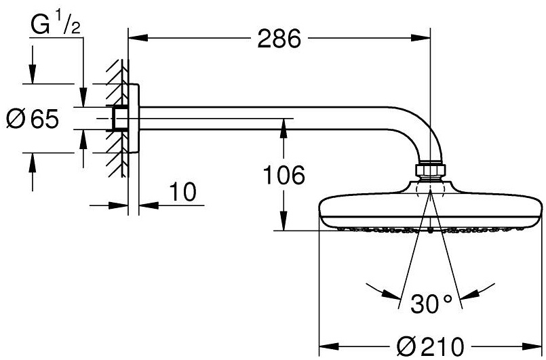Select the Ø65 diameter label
tap(32, 119)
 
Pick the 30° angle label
tap(430, 304)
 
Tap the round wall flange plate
tap(134, 119)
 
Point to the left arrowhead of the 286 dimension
tap(136, 39)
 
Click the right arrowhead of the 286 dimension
tap(423, 39)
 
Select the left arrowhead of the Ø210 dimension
tap(326, 344)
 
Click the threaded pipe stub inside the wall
tap(120, 119)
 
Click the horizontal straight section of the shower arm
tap(271, 119)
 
